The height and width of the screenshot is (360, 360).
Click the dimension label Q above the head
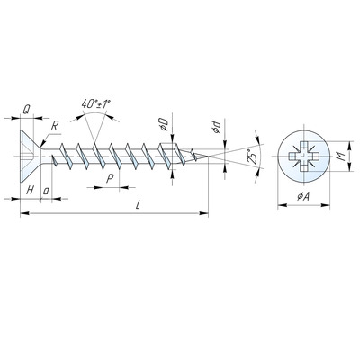26,110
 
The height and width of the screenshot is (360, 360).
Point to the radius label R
54,126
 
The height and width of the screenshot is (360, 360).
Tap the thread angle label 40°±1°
96,104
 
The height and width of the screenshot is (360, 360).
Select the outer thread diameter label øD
163,124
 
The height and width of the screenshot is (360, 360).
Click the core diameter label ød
216,127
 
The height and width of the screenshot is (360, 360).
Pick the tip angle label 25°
253,157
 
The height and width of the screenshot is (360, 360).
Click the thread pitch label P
110,179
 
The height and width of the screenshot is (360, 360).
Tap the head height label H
30,190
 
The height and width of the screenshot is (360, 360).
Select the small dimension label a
46,191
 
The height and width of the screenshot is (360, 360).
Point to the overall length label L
138,205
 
